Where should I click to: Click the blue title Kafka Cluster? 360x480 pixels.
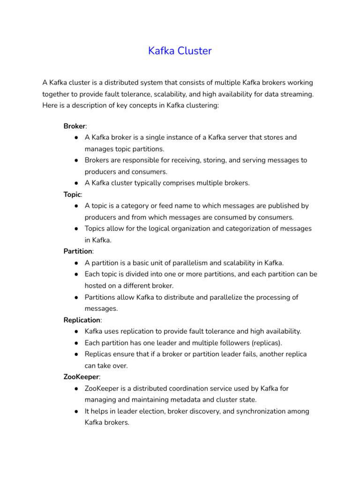180,51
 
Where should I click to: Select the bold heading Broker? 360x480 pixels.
75,127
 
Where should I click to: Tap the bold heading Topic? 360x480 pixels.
73,194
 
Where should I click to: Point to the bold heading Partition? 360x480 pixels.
78,251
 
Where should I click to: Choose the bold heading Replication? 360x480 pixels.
82,320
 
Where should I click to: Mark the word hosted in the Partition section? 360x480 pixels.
96,285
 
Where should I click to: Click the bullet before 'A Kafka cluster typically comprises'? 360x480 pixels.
75,183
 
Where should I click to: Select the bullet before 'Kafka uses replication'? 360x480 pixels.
75,331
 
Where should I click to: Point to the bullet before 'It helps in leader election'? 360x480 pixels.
75,411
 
